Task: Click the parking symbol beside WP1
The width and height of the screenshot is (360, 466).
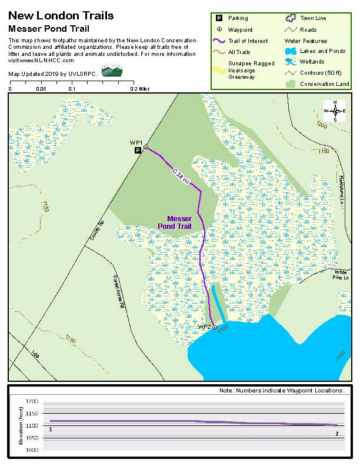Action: pos(138,151)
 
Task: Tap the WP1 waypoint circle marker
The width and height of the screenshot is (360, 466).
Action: pos(146,147)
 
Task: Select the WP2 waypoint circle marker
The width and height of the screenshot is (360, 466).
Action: pos(215,327)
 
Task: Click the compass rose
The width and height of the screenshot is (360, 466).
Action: pos(335,111)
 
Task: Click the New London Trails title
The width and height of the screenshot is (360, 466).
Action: pos(61,16)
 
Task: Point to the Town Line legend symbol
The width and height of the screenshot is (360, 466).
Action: pos(289,18)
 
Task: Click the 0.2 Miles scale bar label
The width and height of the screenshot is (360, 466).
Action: pos(140,89)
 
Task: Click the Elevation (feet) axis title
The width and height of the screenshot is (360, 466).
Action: pos(21,425)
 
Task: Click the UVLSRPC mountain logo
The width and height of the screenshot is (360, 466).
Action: pos(112,72)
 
